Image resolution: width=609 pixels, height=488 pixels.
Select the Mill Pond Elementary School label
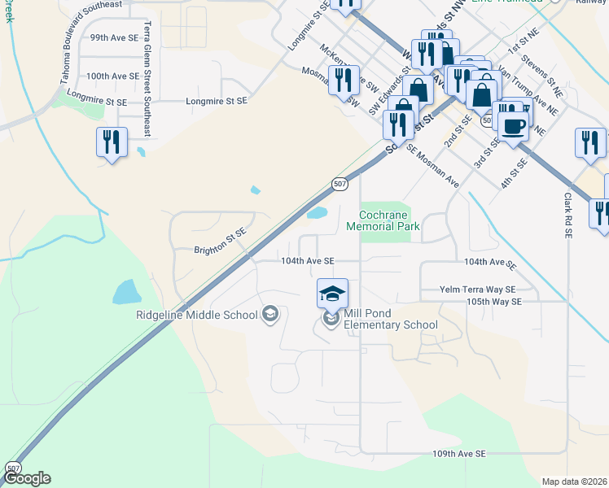point(390,320)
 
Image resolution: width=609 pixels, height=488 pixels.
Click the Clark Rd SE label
point(567,216)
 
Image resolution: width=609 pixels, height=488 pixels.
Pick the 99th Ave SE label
point(114,38)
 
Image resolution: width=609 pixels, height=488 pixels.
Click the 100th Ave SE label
point(114,76)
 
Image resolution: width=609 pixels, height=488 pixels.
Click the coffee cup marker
point(514,126)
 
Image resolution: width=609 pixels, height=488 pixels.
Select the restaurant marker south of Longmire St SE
point(111,142)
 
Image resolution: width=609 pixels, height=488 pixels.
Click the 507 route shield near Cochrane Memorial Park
point(341,185)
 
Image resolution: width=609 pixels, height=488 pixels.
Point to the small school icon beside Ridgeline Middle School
point(270,314)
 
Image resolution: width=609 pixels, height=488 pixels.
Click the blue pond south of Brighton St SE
point(126,291)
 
